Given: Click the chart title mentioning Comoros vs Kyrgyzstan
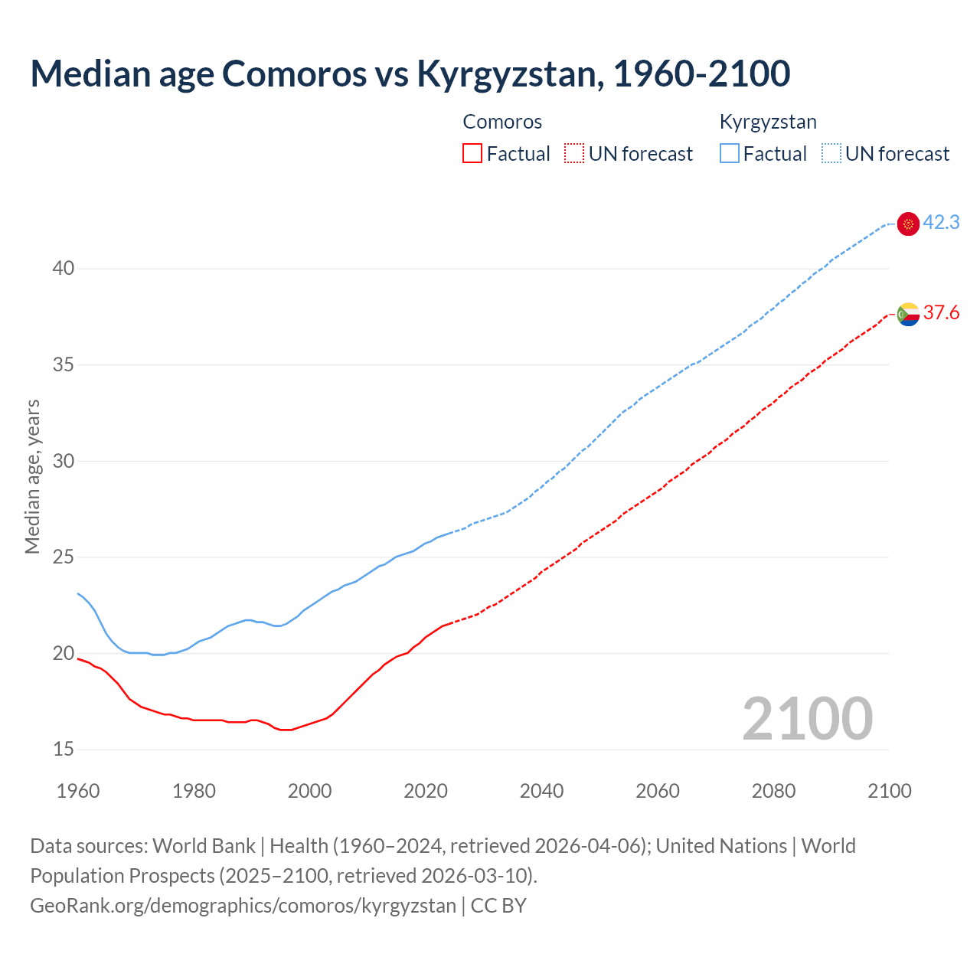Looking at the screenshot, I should (x=410, y=73).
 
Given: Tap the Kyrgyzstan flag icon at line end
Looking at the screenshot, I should (x=908, y=224).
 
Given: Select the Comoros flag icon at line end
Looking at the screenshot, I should (x=908, y=314).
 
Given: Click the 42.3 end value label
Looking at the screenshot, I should (x=941, y=223).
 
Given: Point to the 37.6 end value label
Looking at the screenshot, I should (x=941, y=313).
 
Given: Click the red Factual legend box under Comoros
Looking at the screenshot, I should (x=472, y=154).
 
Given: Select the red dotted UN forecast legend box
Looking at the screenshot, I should (x=574, y=154).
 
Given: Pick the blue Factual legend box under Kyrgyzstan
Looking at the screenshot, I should (x=730, y=154).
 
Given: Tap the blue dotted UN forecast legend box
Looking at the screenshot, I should (x=831, y=154).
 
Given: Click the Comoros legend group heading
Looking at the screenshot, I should (x=502, y=122).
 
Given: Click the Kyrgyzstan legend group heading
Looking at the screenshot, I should (x=768, y=122).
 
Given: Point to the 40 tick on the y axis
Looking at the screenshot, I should (x=64, y=269).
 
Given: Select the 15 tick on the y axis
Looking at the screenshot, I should (x=64, y=750).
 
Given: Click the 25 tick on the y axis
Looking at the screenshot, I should (x=64, y=557).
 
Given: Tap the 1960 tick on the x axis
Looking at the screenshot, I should (x=78, y=791).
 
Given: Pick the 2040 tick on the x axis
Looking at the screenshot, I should (x=541, y=791).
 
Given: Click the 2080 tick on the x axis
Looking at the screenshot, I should (x=773, y=791).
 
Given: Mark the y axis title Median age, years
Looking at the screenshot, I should (x=32, y=476).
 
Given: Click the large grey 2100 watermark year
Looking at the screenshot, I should (x=807, y=719).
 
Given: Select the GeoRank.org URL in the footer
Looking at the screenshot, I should (x=243, y=906).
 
